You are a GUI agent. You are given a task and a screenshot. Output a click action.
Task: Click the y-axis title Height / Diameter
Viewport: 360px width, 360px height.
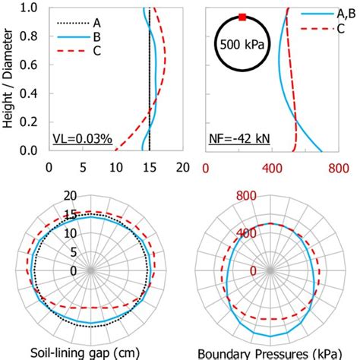[x=9, y=78]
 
